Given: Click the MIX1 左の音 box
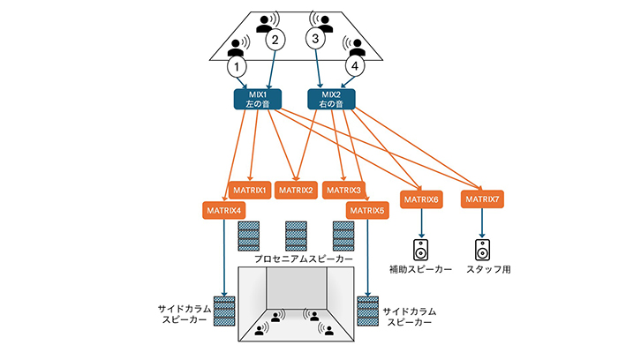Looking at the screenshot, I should [255, 98].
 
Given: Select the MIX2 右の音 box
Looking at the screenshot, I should [330, 98].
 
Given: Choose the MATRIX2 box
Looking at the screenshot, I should [297, 190].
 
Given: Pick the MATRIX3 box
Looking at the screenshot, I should [343, 190].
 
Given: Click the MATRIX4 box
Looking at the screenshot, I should [222, 210].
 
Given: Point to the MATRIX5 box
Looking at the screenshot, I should [366, 210].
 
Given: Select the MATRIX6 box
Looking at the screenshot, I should [420, 200].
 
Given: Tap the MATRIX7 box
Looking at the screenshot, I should [482, 200].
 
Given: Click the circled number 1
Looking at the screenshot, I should [237, 65].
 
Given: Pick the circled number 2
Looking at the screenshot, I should [275, 40].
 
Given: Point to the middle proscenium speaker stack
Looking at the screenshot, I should [297, 235].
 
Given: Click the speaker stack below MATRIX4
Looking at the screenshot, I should [224, 311].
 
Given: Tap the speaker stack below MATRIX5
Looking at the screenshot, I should [367, 311].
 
